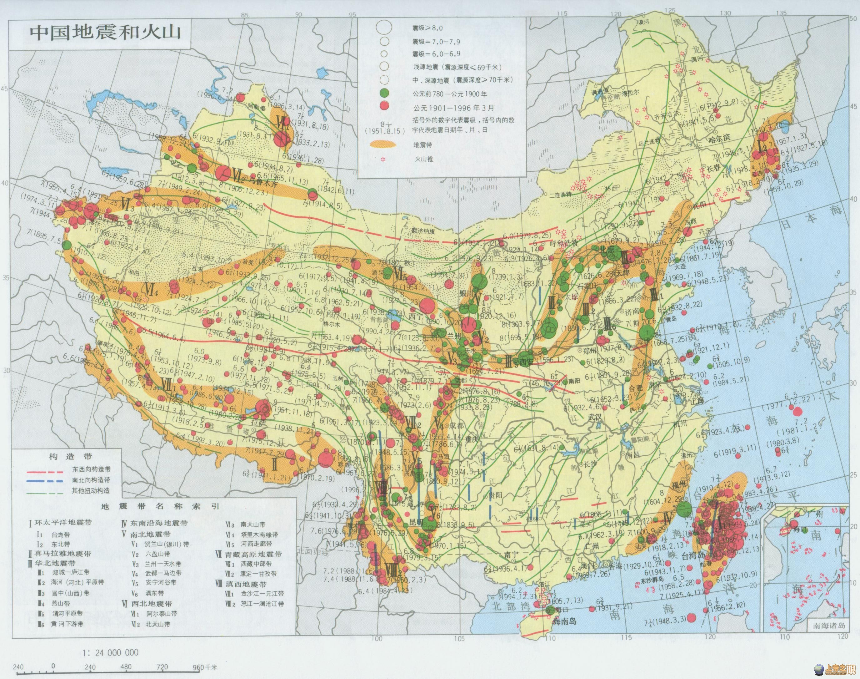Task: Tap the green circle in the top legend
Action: [x=384, y=94]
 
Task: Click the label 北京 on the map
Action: [x=607, y=250]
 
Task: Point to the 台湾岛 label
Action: [x=692, y=555]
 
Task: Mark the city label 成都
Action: [x=457, y=425]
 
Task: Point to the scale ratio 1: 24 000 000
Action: [x=110, y=653]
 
